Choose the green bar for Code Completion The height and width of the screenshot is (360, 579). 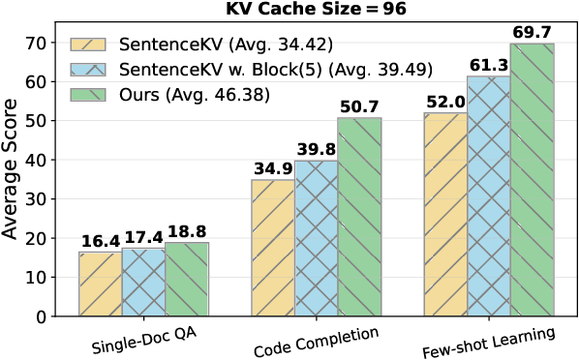tap(359, 217)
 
